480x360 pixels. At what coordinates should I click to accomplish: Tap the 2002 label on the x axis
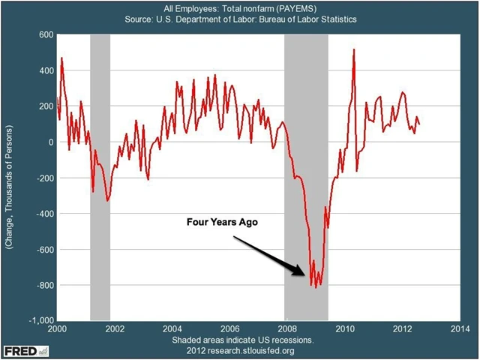[114, 328]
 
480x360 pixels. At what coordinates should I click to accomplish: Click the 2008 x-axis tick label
[286, 328]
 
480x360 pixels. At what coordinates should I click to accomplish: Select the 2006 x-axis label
[229, 328]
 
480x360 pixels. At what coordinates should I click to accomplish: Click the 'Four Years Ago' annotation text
[217, 223]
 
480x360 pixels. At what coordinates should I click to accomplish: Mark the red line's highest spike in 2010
[353, 49]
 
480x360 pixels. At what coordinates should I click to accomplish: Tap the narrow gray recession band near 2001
[100, 177]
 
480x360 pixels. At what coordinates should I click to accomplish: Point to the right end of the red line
[419, 124]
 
